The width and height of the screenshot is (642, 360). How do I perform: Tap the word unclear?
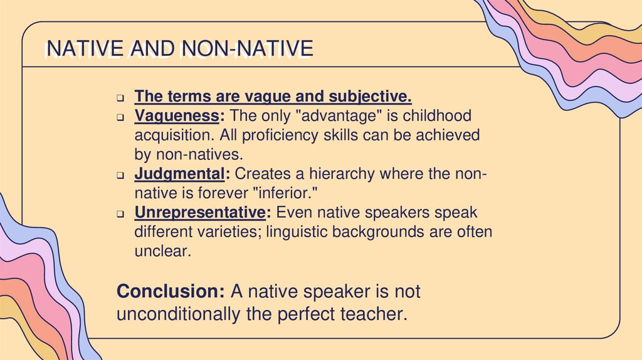point(161,251)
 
